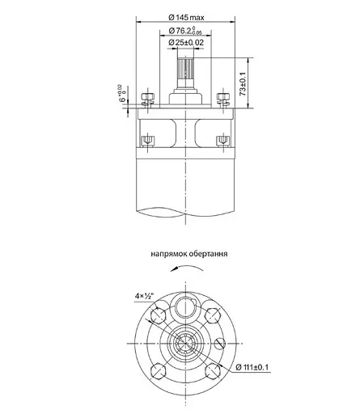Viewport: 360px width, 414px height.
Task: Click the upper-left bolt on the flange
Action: coord(146,99)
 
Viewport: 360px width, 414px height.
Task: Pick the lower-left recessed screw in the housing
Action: coord(149,142)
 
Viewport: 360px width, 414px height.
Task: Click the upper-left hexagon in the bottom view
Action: coord(161,314)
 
